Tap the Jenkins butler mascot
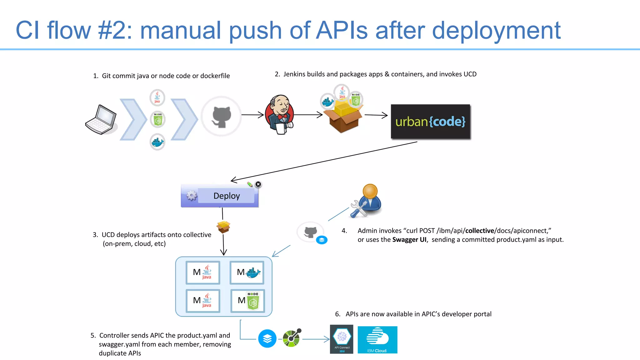[x=279, y=114]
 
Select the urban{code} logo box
[x=430, y=122]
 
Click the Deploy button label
[x=227, y=196]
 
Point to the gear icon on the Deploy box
[x=192, y=196]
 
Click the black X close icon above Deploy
[x=258, y=184]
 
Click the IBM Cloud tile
[x=377, y=340]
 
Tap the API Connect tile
[x=342, y=339]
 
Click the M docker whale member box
[x=247, y=272]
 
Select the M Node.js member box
[x=247, y=301]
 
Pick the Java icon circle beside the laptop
[x=157, y=97]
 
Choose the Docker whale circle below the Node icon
[x=157, y=142]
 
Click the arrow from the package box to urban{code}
[x=376, y=115]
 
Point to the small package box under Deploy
[x=223, y=227]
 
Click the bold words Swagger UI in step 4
[x=409, y=240]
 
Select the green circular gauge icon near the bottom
[x=292, y=338]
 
